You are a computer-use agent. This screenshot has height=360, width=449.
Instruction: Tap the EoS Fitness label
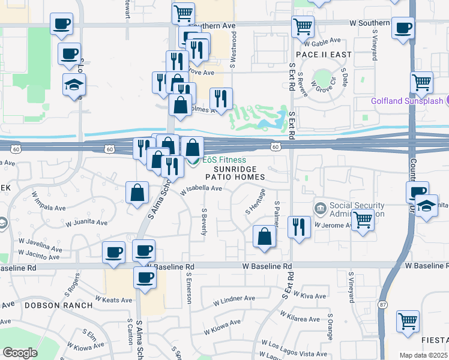pos(223,160)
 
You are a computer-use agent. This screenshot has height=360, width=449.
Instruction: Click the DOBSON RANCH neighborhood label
pos(59,305)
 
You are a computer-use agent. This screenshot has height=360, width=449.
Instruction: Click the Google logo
pos(20,353)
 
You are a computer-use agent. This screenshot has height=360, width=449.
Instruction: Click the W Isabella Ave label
pos(203,188)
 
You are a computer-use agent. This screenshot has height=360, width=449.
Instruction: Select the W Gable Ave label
pos(322,43)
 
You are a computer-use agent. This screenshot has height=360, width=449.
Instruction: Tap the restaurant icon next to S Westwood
pos(221,98)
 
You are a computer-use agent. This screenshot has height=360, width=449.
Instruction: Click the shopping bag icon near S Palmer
pos(264,236)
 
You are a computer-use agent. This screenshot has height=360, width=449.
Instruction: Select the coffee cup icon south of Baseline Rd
pos(145,278)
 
